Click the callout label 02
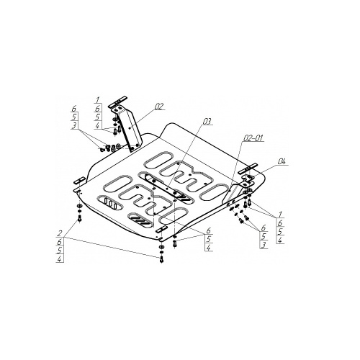[159, 107]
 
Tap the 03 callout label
[207, 122]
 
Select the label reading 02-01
[253, 138]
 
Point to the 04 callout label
[282, 161]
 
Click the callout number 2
[60, 233]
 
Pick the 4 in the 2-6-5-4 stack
[60, 258]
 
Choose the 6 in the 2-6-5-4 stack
[60, 242]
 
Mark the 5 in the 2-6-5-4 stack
[60, 251]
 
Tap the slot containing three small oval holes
[110, 203]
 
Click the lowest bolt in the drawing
[161, 259]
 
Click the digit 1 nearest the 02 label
[97, 99]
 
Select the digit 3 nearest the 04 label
[264, 245]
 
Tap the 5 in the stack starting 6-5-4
[209, 239]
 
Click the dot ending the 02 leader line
[130, 128]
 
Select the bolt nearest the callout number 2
[80, 219]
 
